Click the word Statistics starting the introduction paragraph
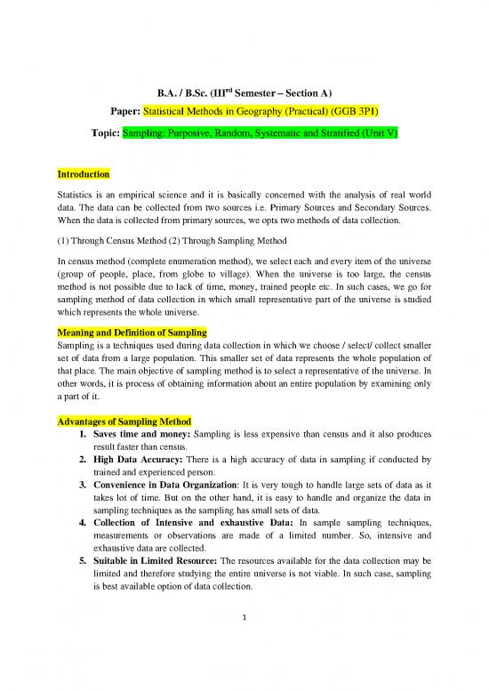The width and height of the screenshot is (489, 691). click(x=76, y=197)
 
